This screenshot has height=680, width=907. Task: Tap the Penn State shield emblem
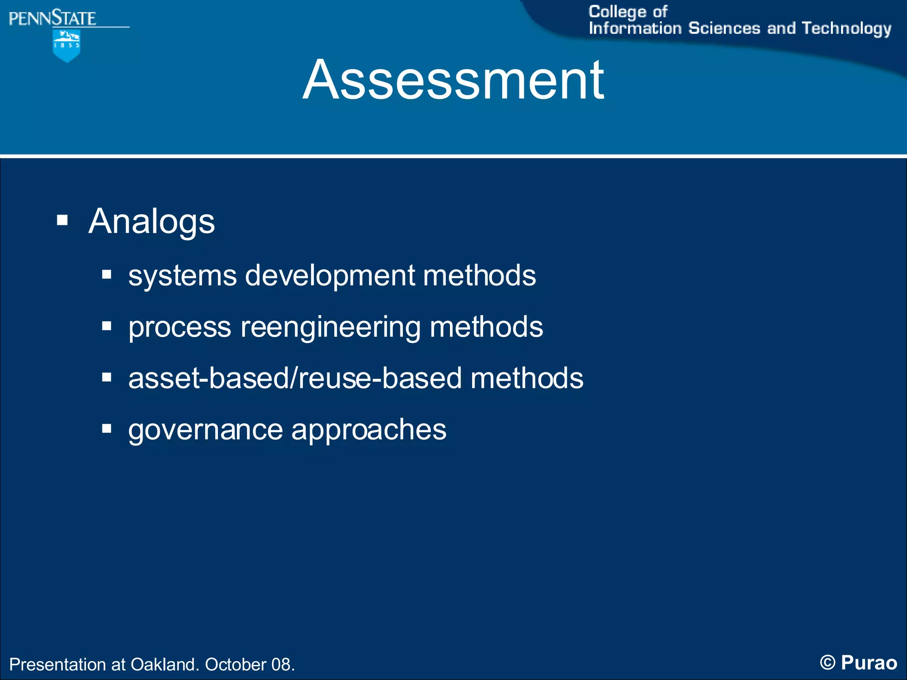coord(66,45)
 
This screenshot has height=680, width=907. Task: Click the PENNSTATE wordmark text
coord(52,19)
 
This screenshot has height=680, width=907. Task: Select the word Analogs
coord(151,221)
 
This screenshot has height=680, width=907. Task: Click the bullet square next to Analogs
coord(62,220)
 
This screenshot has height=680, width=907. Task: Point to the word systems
coord(182,276)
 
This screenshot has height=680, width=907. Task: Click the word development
coord(329,276)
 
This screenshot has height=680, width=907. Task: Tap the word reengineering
coord(330,328)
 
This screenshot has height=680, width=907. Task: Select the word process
coord(180,328)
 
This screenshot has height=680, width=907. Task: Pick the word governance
coord(205,430)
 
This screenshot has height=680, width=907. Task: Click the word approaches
coord(369,430)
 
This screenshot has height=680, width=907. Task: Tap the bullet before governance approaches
coord(106,429)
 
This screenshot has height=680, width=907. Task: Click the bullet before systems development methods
coord(106,274)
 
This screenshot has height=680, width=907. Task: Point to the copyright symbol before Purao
coord(827,663)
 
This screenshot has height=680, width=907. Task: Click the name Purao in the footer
coord(869,663)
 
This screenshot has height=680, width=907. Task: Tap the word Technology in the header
coord(846,29)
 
